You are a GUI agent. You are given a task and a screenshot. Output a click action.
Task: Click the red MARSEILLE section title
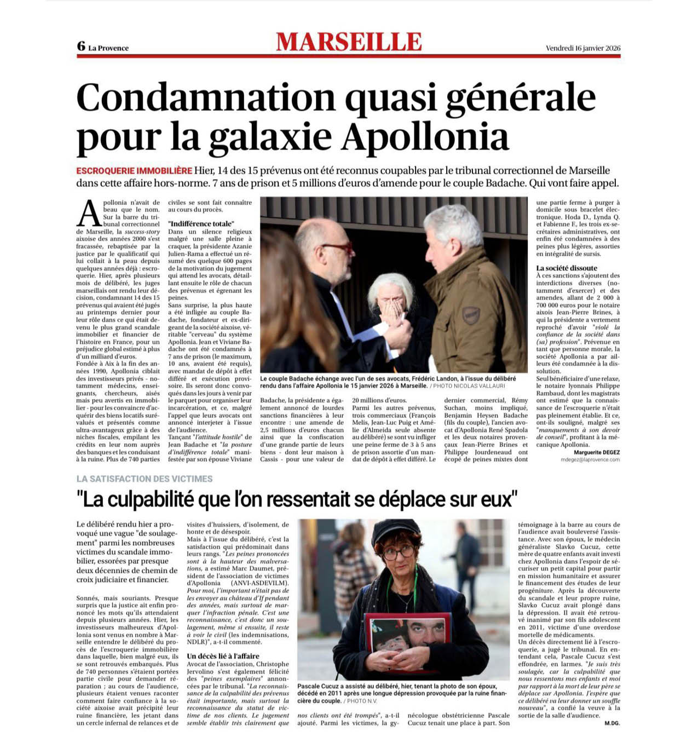pos(349,42)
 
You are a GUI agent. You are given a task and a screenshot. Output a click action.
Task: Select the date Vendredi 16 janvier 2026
pos(582,48)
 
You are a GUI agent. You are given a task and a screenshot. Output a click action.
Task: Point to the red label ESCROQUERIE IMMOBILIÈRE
pos(134,171)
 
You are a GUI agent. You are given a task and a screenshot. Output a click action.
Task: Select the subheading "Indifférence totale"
pos(201,224)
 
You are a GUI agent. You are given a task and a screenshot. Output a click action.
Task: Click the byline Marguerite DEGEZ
pos(597,452)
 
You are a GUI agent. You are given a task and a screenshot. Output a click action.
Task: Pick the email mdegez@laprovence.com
pos(590,460)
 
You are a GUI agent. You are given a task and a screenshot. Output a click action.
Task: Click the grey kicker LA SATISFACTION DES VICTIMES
pos(145,479)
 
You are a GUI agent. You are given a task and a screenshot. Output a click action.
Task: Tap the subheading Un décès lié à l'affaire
pos(223,656)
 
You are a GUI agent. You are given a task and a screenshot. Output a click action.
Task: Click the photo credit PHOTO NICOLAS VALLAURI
pos(463,386)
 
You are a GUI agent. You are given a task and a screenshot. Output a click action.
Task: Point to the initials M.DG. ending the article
pos(612,723)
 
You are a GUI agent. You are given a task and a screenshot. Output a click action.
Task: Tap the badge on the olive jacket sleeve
pos(471,314)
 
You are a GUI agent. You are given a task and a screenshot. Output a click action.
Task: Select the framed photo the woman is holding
pos(408,635)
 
